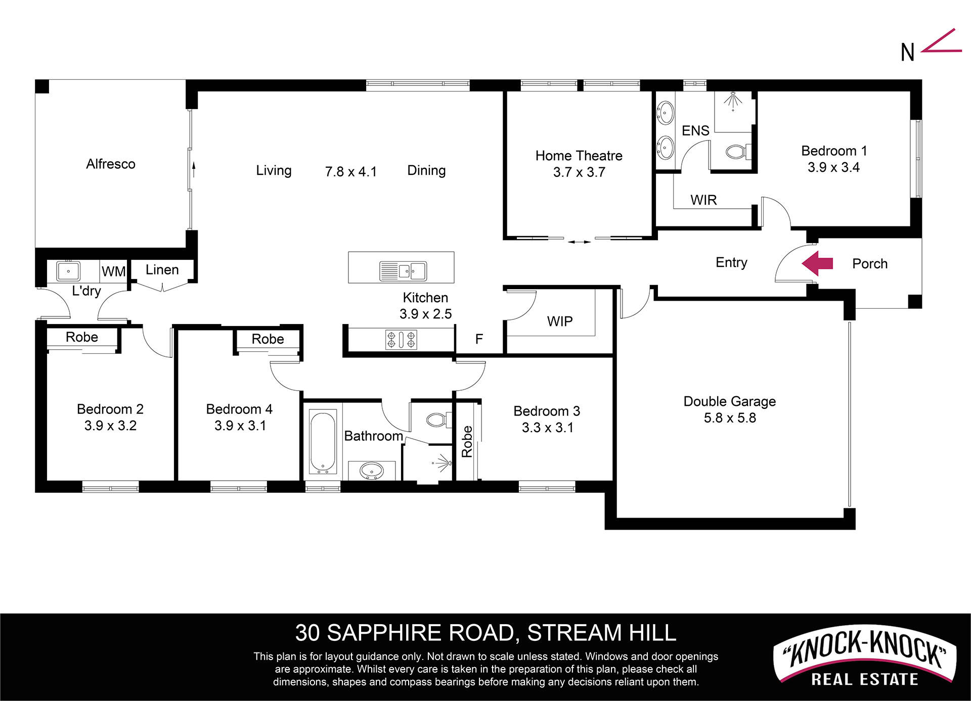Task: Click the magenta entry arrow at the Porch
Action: click(x=817, y=263)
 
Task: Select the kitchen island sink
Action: click(x=403, y=271)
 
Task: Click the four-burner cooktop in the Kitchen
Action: click(x=402, y=340)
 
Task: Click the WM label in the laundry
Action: click(x=113, y=271)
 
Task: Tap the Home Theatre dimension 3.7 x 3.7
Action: click(x=579, y=172)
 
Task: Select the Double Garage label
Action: click(x=729, y=401)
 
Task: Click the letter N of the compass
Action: click(x=907, y=53)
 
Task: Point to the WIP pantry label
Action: click(x=560, y=321)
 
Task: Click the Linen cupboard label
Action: click(x=162, y=270)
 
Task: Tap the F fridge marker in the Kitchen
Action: click(x=479, y=339)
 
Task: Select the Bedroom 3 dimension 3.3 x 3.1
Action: click(x=547, y=428)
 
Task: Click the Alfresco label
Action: click(x=111, y=164)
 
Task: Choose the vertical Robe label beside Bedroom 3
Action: click(x=467, y=441)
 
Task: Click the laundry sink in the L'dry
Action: click(x=68, y=271)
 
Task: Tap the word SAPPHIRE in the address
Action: click(x=420, y=633)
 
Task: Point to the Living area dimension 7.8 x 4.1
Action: click(x=350, y=172)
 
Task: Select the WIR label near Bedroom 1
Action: click(x=703, y=200)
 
